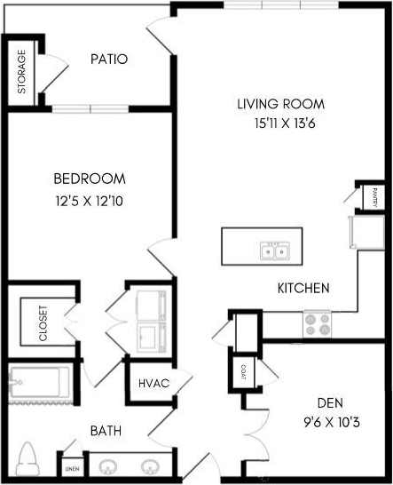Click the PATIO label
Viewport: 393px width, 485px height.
pos(109,60)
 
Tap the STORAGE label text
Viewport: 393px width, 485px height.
pos(22,71)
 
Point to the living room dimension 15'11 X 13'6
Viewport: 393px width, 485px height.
pos(280,123)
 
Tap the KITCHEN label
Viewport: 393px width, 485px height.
pos(303,288)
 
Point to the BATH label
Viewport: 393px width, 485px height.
pos(106,432)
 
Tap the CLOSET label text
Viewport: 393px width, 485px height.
pos(43,323)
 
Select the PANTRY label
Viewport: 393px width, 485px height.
pos(375,195)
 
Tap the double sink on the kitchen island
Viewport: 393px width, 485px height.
pos(273,252)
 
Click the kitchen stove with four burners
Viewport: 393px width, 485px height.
pos(318,322)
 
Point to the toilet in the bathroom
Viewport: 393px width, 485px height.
pos(28,459)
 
